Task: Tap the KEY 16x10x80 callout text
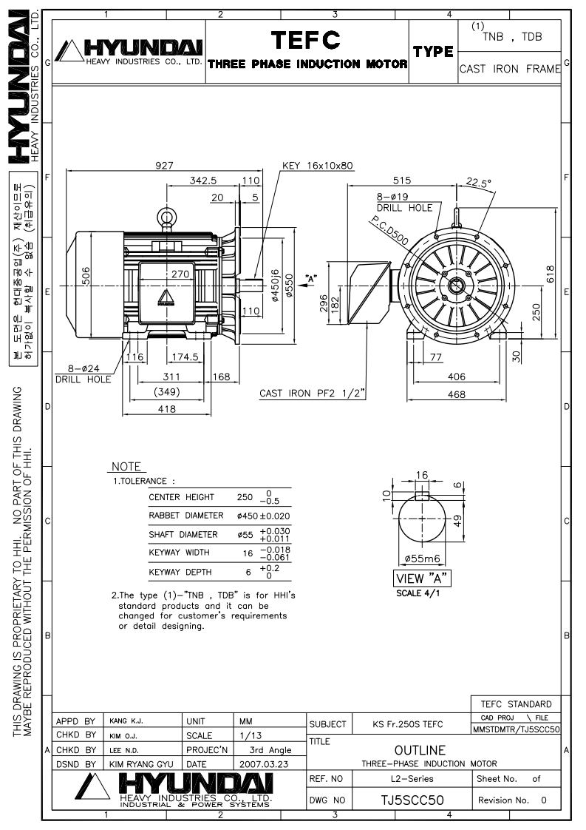[318, 166]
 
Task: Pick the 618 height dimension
[549, 274]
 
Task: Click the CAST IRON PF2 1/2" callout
[312, 393]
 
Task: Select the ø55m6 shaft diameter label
[423, 559]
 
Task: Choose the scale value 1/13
[249, 735]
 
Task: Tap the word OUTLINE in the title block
[420, 750]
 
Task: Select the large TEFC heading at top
[307, 39]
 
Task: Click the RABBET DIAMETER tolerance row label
[185, 515]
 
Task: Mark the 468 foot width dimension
[457, 395]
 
